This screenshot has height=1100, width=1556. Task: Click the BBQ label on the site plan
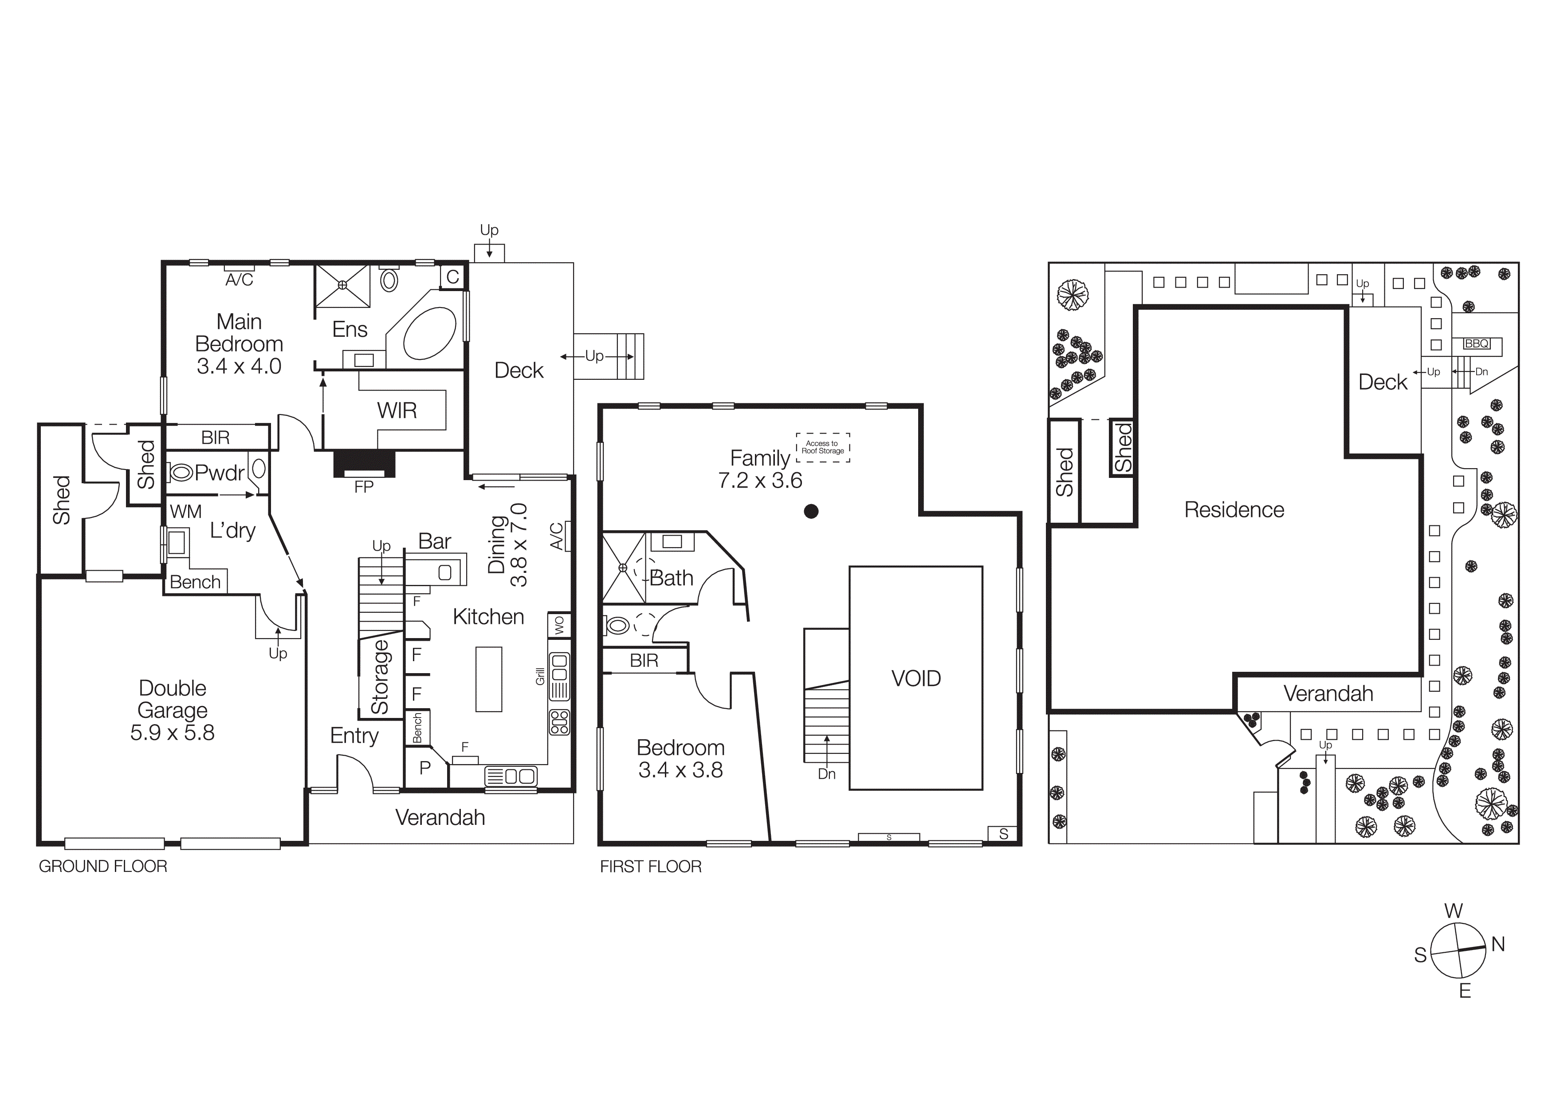click(x=1477, y=343)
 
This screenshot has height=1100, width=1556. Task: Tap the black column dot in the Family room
click(x=811, y=512)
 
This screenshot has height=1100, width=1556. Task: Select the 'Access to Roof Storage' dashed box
click(x=823, y=447)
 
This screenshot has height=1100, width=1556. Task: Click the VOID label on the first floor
click(x=916, y=678)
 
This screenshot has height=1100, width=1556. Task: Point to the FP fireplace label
click(x=364, y=487)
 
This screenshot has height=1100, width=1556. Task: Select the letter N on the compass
click(x=1498, y=944)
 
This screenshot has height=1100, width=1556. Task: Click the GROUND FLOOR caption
click(x=103, y=866)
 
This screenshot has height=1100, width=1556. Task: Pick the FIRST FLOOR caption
click(x=651, y=866)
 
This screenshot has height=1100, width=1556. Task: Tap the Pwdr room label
click(x=219, y=473)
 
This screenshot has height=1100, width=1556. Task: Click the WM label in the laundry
click(x=186, y=512)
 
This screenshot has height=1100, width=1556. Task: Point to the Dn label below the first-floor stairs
click(x=827, y=774)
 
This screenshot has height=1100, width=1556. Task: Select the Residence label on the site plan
click(x=1234, y=510)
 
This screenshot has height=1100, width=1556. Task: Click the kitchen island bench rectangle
click(x=489, y=679)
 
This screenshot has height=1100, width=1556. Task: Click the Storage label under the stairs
click(x=380, y=677)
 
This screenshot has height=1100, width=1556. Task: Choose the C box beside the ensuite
click(x=453, y=276)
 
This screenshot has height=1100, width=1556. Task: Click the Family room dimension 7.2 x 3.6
click(x=760, y=481)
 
